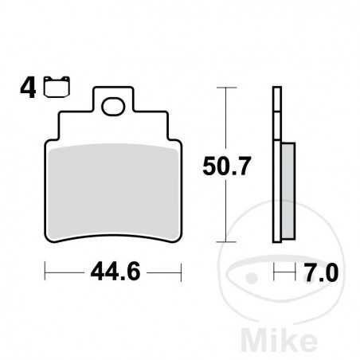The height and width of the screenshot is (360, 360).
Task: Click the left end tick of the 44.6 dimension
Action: pos(45,273)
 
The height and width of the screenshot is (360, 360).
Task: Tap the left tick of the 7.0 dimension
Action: pos(273,273)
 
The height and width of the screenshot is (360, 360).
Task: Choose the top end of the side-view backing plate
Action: pos(277,88)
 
